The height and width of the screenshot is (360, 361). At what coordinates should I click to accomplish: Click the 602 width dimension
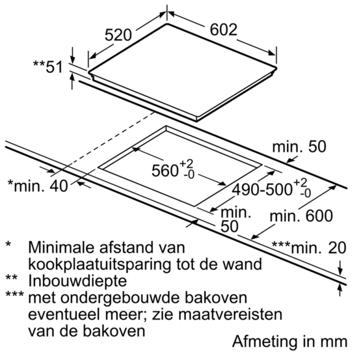pos(223,29)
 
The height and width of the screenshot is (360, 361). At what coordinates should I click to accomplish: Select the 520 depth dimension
pos(118,35)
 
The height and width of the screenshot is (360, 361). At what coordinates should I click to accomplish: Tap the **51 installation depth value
pos(48,67)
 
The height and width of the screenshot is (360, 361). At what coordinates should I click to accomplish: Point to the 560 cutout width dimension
pos(172,170)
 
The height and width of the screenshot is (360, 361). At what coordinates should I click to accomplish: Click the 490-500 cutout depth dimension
pos(271,189)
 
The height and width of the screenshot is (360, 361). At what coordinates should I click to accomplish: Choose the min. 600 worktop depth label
pos(301,216)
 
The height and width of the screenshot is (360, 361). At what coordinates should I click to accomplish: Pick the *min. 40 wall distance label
pos(38,186)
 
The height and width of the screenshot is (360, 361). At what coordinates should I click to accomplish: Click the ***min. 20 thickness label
pos(309,248)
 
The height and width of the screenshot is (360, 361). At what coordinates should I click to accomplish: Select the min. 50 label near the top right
pos(299,146)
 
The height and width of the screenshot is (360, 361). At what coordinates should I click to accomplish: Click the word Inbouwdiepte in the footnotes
pos(77,281)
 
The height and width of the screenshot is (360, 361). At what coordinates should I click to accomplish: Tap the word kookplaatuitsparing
pos(100,264)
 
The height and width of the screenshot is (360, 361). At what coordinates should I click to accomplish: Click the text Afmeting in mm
pos(289,341)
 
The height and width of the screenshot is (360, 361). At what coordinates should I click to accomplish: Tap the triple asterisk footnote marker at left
pos(14,294)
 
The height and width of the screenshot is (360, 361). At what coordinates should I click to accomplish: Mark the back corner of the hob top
pos(167,24)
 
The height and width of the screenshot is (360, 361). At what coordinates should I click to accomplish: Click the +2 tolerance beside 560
pos(186,164)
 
